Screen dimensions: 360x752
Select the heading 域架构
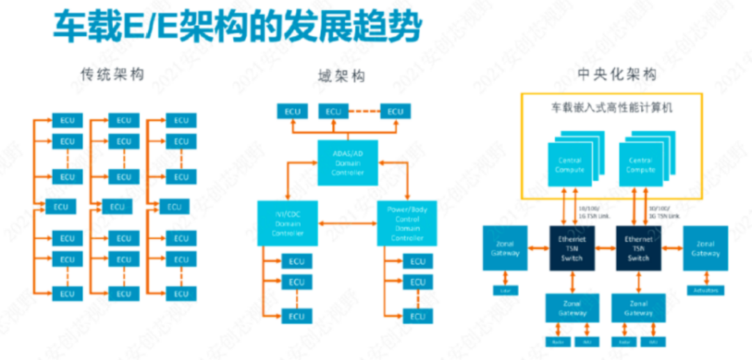[x=341, y=75]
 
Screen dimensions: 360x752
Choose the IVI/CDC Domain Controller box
[x=288, y=223]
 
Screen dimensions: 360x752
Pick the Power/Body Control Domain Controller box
[x=407, y=223]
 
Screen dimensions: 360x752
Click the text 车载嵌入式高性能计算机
[x=612, y=109]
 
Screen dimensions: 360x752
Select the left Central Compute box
[x=569, y=166]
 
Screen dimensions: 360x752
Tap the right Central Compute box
[x=640, y=166]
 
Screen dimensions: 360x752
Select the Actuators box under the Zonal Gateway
[x=706, y=290]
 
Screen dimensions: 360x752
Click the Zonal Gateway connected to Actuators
[x=705, y=249]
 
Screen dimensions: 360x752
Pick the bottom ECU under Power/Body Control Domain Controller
[x=417, y=317]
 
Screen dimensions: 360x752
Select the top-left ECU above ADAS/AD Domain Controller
[x=293, y=111]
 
